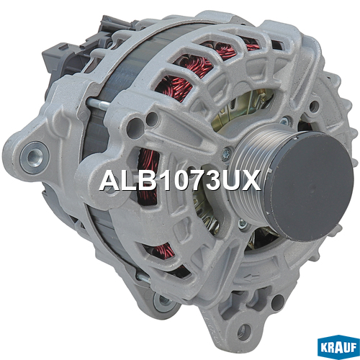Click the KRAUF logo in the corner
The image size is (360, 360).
(x=338, y=347)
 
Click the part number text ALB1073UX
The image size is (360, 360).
(x=180, y=181)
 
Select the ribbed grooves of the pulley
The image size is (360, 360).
(x=250, y=178)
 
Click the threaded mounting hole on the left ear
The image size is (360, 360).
(x=34, y=157)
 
